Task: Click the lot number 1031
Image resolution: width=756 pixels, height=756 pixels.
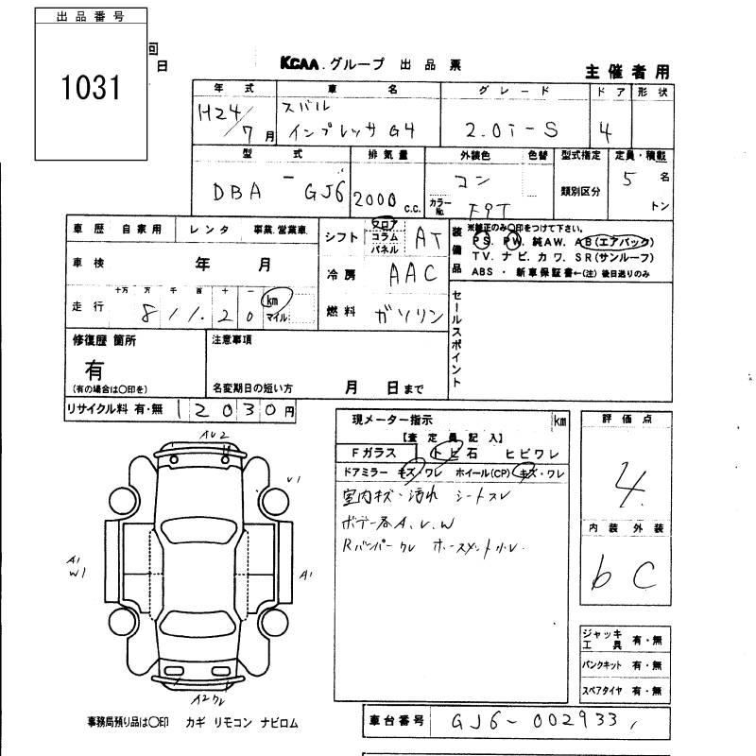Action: point(92,89)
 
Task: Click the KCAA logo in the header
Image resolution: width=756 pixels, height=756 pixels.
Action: point(301,64)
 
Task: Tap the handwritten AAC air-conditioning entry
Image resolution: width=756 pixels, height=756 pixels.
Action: point(413,274)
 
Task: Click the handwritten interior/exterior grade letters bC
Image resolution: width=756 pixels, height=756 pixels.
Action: point(624,572)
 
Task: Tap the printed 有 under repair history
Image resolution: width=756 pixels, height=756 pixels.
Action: point(94,369)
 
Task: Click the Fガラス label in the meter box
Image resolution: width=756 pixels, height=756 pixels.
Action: point(373,453)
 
